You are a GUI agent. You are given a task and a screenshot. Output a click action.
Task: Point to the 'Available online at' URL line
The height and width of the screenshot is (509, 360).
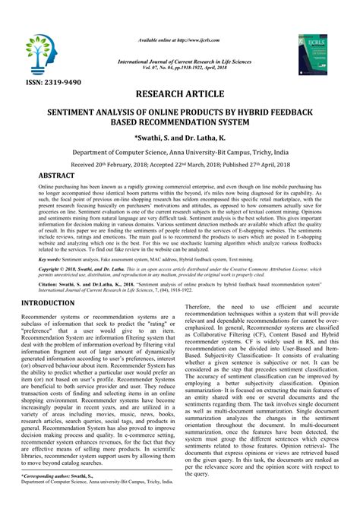(x=181, y=15)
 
